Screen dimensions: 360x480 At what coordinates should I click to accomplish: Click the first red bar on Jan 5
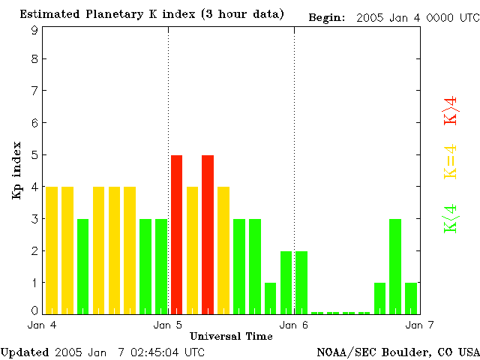click(x=177, y=234)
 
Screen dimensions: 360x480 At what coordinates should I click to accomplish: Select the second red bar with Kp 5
click(x=208, y=234)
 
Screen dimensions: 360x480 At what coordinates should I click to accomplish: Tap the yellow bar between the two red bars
click(x=193, y=250)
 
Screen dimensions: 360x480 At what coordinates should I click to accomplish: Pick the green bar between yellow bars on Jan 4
click(x=83, y=265)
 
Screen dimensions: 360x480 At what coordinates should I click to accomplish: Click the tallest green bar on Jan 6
click(x=395, y=265)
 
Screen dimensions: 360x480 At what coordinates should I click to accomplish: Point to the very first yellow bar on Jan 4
click(x=52, y=250)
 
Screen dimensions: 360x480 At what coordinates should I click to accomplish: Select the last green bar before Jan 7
click(x=411, y=298)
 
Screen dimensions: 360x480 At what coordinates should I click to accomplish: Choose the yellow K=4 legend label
click(x=451, y=162)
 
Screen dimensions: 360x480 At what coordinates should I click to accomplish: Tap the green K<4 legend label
click(x=451, y=218)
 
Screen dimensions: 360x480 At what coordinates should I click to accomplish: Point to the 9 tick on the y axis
click(x=34, y=31)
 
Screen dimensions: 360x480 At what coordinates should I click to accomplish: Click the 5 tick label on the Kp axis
click(x=34, y=154)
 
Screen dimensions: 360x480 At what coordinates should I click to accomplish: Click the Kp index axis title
click(x=16, y=169)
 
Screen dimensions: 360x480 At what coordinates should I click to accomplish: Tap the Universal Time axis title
click(x=231, y=335)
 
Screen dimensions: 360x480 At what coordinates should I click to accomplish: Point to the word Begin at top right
click(x=325, y=18)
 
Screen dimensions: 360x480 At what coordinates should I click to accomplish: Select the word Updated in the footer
click(x=24, y=351)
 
